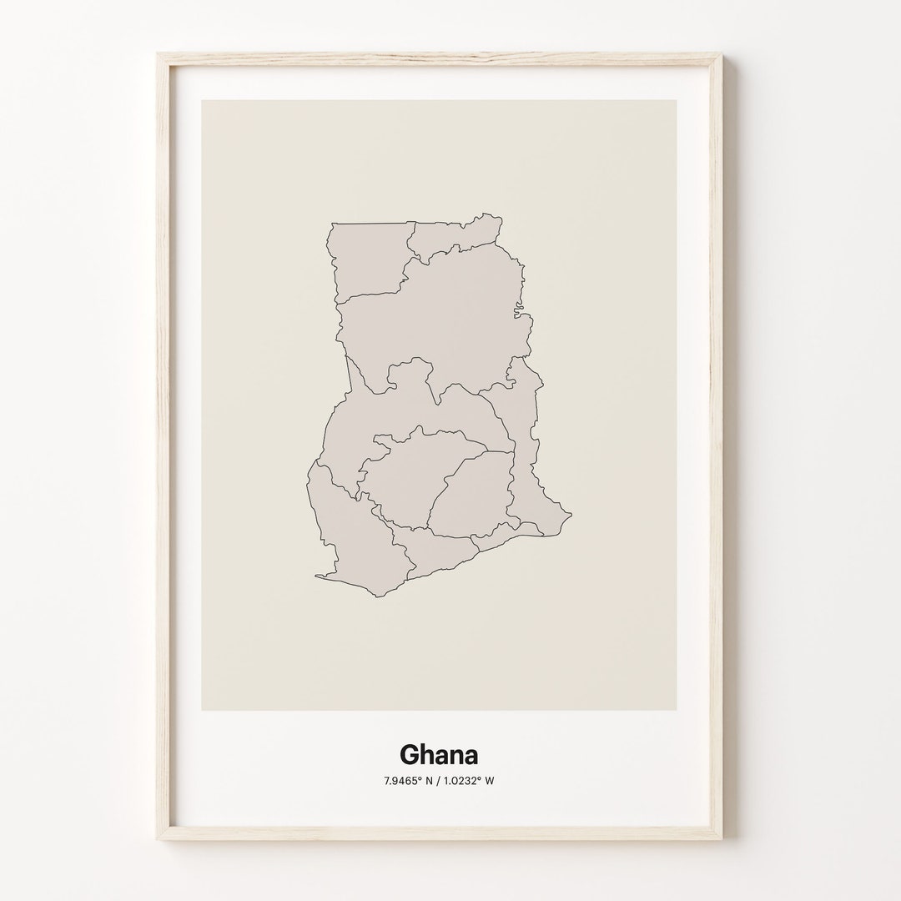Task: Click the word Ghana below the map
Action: (439, 755)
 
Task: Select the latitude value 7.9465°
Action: (403, 781)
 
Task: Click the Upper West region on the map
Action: (367, 259)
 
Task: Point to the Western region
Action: (342, 534)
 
